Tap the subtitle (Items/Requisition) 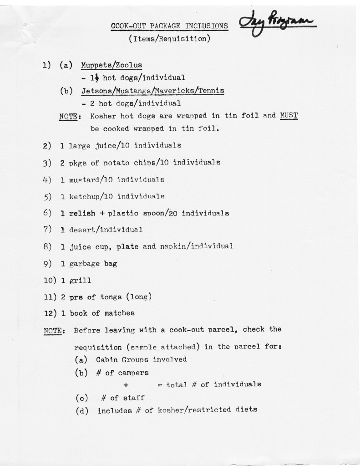click(169, 39)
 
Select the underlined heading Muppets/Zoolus click(112, 65)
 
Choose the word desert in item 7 click(81, 230)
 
